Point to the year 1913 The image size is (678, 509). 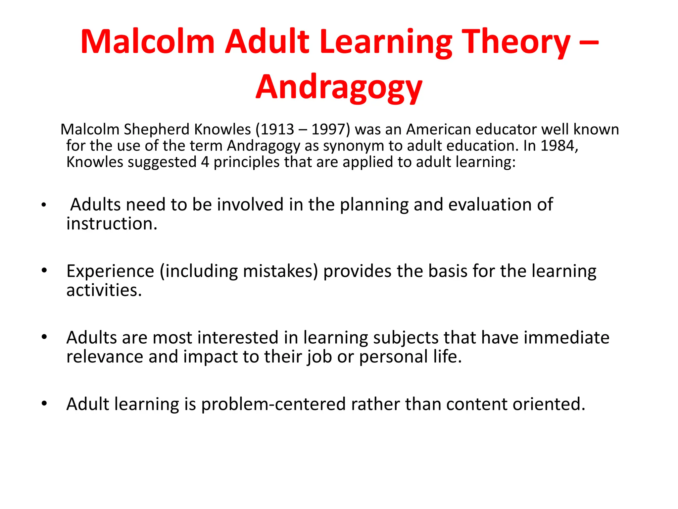point(277,129)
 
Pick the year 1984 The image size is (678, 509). point(557,146)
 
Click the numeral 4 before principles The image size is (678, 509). point(205,162)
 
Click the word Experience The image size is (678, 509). point(110,271)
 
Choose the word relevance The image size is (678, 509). point(104,357)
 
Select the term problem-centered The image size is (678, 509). point(273,404)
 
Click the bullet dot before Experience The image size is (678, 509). point(44,270)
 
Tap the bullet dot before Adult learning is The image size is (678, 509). point(44,404)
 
